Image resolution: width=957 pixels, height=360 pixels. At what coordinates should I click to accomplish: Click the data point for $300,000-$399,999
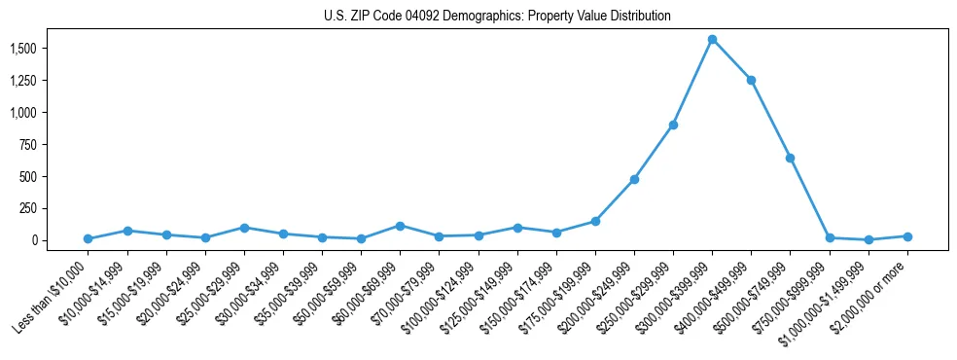coord(712,40)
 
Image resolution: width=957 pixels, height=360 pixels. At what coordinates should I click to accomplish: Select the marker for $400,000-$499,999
coord(751,80)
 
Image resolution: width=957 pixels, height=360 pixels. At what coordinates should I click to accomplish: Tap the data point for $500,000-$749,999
coord(790,158)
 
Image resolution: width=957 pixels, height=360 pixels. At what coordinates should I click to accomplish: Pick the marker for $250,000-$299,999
coord(673,126)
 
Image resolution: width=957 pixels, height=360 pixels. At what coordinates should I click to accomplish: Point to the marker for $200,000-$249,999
coord(634,179)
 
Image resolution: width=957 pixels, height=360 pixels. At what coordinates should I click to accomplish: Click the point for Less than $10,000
coord(88,238)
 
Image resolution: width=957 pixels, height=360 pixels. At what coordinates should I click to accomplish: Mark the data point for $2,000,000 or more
coord(907,236)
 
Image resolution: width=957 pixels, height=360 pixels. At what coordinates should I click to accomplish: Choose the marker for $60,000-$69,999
coord(400,226)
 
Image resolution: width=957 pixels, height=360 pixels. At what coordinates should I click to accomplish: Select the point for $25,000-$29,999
coord(244,228)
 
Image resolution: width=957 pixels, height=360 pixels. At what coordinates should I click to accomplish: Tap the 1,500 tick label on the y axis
coord(22,49)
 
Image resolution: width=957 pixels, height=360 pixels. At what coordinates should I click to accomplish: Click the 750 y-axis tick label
coord(28,144)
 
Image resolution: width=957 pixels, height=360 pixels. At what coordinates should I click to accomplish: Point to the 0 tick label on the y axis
coord(34,240)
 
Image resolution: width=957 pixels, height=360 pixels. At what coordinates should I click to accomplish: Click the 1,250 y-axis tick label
coord(22,81)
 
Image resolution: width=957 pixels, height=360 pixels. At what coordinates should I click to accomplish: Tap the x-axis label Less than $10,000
coord(51,297)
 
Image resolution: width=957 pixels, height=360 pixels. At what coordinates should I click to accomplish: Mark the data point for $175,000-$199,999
coord(595,221)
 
